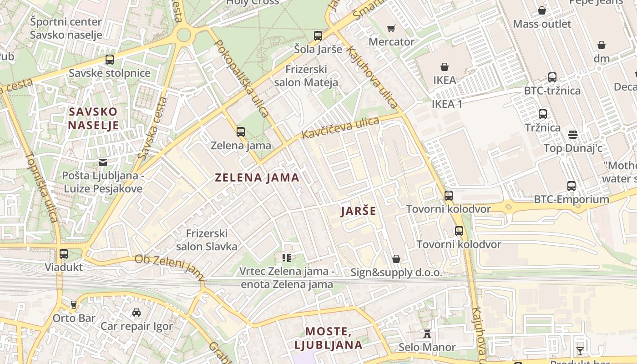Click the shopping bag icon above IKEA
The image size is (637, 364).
[445, 67]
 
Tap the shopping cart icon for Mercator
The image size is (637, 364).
[391, 29]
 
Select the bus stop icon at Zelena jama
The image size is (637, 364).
[241, 132]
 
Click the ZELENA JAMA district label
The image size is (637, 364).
[257, 177]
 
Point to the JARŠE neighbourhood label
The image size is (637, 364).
[359, 211]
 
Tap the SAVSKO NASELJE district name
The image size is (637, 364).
[93, 118]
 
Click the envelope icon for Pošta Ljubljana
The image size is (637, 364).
[103, 162]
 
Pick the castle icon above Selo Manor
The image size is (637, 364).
[427, 334]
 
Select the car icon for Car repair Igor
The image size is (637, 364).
[136, 313]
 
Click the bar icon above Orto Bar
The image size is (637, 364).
[74, 304]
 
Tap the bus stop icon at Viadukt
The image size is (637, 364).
[64, 254]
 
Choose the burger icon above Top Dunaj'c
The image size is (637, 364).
[573, 135]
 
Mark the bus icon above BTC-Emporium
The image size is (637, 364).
[571, 186]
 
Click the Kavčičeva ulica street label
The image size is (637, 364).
[340, 128]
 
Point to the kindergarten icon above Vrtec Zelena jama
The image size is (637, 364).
[286, 258]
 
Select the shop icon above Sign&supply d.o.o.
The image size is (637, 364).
[396, 259]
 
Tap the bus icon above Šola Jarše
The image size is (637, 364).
[318, 35]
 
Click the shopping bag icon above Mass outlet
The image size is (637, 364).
[542, 10]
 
